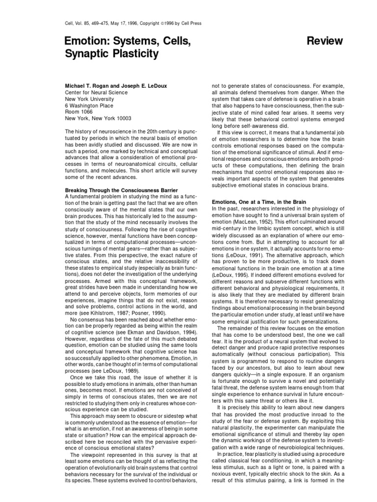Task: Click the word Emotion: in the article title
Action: pos(89,40)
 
